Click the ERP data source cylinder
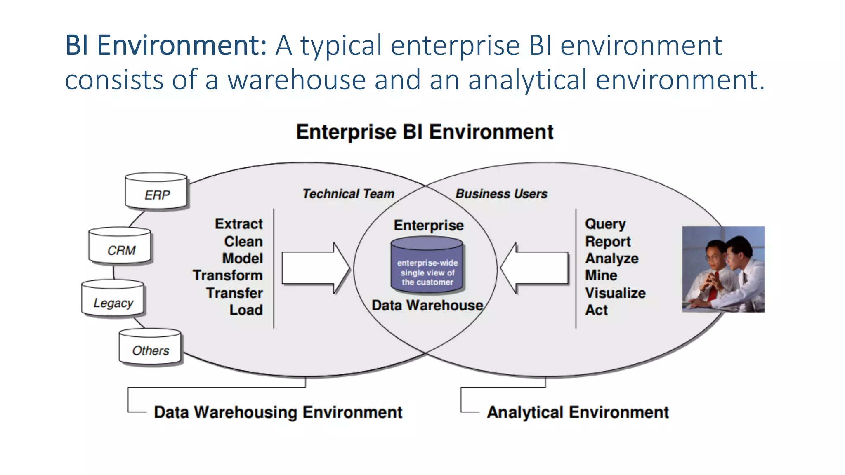click(156, 191)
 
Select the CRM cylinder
click(120, 246)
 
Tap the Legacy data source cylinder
click(113, 299)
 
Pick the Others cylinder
click(150, 347)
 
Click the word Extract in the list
click(238, 224)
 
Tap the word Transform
click(227, 275)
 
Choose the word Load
click(246, 310)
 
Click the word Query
click(605, 224)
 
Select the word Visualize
click(615, 293)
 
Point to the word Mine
click(601, 275)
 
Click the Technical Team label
click(348, 194)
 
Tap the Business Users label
click(501, 194)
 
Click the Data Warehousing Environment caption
click(278, 412)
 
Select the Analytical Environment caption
click(578, 412)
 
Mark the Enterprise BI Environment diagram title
click(425, 132)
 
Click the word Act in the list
click(596, 310)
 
